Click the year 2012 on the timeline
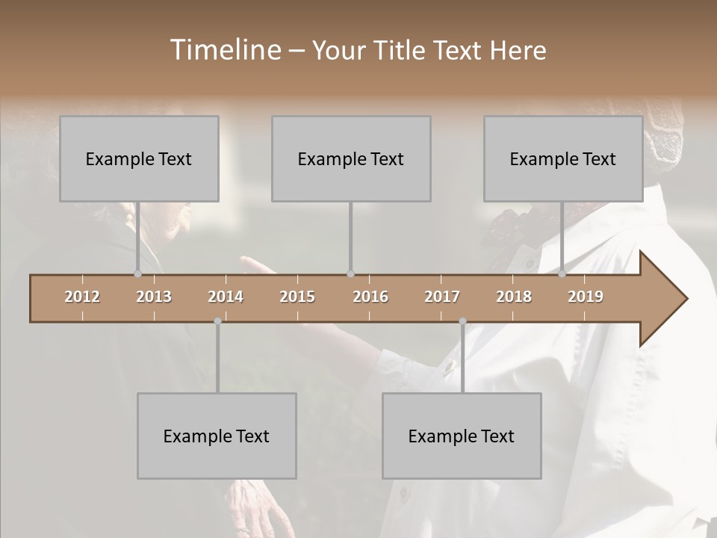point(82,297)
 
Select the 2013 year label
point(154,297)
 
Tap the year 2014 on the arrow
point(226,297)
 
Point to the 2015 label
point(297,297)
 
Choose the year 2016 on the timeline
point(370,297)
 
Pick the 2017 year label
point(442,297)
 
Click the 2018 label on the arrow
point(514,297)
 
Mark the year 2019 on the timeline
point(586,297)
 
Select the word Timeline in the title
point(224,50)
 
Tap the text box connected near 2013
point(139,158)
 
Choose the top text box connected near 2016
point(351,158)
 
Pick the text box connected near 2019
point(563,158)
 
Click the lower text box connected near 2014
point(217,436)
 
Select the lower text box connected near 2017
point(462,436)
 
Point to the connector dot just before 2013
point(137,273)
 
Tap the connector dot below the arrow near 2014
point(217,321)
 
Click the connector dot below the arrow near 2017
point(462,321)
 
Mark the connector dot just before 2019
point(562,273)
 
